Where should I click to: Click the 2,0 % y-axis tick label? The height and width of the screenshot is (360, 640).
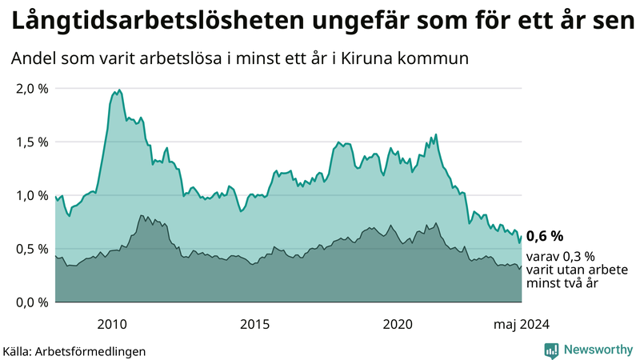pyautogui.click(x=31, y=89)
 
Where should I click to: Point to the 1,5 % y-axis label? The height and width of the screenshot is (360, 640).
pyautogui.click(x=31, y=142)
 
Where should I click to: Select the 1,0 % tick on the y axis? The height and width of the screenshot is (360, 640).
pyautogui.click(x=31, y=195)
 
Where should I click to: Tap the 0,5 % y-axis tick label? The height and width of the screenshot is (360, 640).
pyautogui.click(x=31, y=249)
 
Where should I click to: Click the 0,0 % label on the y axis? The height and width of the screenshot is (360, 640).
pyautogui.click(x=31, y=302)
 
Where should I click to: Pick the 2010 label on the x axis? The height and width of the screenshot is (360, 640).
pyautogui.click(x=111, y=324)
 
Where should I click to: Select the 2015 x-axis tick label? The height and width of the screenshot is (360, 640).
pyautogui.click(x=254, y=324)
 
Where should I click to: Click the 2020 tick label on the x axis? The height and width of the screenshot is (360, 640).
pyautogui.click(x=398, y=324)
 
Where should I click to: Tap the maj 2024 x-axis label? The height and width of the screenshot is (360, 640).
pyautogui.click(x=521, y=324)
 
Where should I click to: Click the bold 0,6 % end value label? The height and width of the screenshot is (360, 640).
pyautogui.click(x=545, y=236)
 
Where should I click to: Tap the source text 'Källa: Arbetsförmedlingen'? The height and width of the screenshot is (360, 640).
pyautogui.click(x=74, y=350)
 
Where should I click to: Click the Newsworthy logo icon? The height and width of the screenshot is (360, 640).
pyautogui.click(x=551, y=350)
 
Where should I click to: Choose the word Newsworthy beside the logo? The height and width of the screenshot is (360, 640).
pyautogui.click(x=598, y=350)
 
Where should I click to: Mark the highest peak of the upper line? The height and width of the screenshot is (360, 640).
pyautogui.click(x=119, y=90)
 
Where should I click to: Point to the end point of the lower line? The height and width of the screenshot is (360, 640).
pyautogui.click(x=522, y=266)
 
